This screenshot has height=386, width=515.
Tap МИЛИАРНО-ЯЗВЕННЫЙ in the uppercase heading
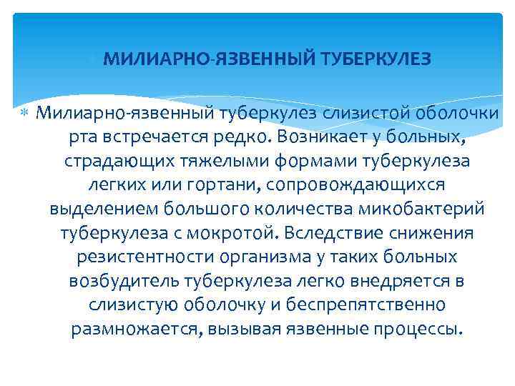coord(207,59)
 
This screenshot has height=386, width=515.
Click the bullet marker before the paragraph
coord(24,112)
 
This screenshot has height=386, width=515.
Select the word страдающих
coord(112,160)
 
